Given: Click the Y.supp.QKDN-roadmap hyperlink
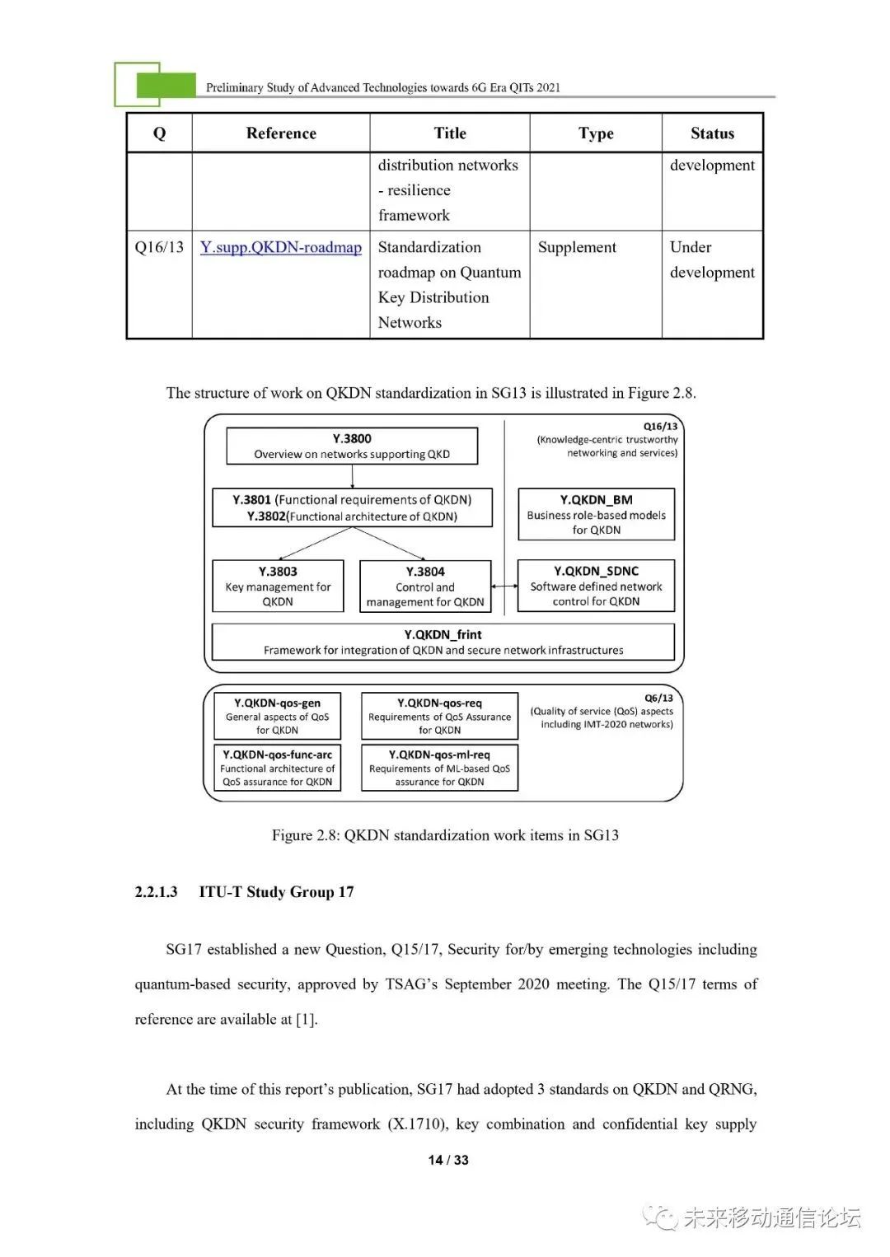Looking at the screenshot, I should pos(280,248).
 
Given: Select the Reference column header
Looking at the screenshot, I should pos(281,133).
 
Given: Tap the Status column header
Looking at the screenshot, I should pos(712,133).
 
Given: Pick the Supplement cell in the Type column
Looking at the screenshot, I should pos(577,248).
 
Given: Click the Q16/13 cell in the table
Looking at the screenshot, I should pos(159,248).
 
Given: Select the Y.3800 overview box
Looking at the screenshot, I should pos(352,446).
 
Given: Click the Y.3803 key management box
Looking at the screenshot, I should pos(278,586).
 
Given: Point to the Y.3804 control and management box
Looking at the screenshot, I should pos(425,586).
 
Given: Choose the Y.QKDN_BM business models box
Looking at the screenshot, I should pos(596,514).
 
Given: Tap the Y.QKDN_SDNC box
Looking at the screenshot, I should pos(596,586).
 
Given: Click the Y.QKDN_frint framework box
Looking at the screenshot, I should pos(443,642).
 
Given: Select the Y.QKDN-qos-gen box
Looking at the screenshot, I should pos(278,716).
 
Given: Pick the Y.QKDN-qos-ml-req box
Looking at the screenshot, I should pos(439,768).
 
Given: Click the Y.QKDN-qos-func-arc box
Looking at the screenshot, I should pos(278,768).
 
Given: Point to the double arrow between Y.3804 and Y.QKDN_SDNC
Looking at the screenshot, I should pos(504,586).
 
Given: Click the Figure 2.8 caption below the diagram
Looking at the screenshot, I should pos(445,835).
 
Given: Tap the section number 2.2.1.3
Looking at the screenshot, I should pos(156,892).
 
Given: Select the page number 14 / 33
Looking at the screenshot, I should pos(448,1160).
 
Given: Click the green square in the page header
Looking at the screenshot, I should pos(166,86).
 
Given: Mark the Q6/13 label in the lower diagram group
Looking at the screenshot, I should pos(658,698).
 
